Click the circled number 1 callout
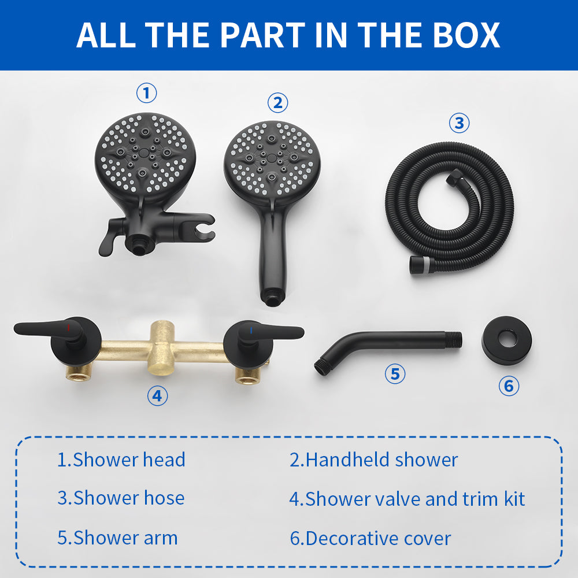[x=146, y=92]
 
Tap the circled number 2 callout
[x=277, y=103]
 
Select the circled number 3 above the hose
[x=459, y=123]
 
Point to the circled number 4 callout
[x=157, y=395]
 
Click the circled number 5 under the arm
[x=395, y=373]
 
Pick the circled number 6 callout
[x=509, y=386]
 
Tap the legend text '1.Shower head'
[x=121, y=460]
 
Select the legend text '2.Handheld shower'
[x=373, y=460]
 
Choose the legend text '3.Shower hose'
[x=121, y=498]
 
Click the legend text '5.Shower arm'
[x=117, y=538]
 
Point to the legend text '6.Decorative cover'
[x=370, y=538]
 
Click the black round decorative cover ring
[x=507, y=340]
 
